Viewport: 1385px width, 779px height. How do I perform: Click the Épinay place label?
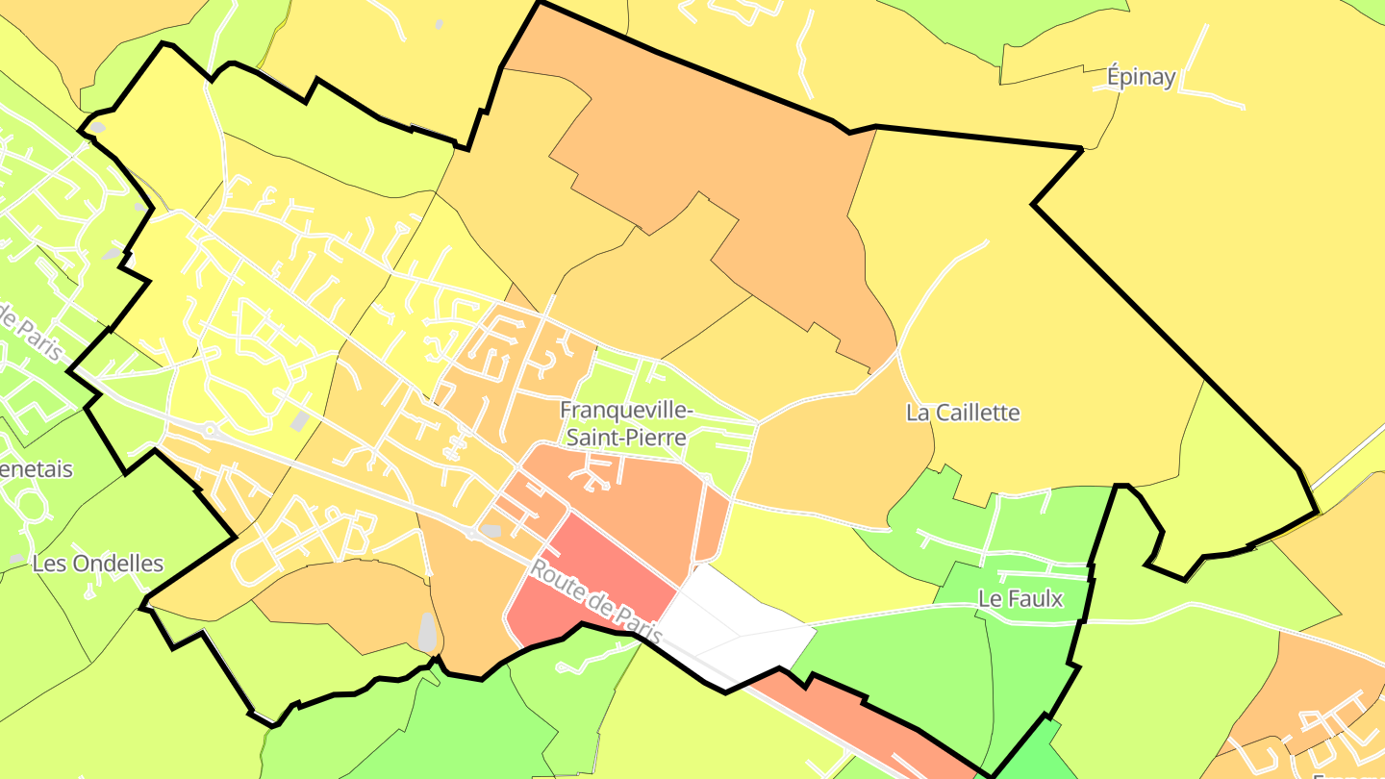coord(1141,77)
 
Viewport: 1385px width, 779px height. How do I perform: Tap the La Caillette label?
coord(963,413)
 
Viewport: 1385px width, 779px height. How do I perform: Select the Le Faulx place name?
coord(1020,598)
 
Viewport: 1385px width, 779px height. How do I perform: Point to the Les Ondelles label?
coord(97,564)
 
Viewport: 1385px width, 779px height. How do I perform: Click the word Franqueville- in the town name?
coord(626,411)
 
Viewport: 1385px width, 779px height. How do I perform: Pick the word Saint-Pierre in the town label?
coord(626,438)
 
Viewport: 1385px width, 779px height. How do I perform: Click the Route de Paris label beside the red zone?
coord(595,603)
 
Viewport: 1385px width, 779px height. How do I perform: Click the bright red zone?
coord(587,577)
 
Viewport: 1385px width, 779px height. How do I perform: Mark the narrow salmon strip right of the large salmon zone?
coord(714,524)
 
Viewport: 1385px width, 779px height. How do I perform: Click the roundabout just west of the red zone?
coord(472,533)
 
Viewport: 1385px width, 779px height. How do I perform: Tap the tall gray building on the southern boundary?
coord(427,631)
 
